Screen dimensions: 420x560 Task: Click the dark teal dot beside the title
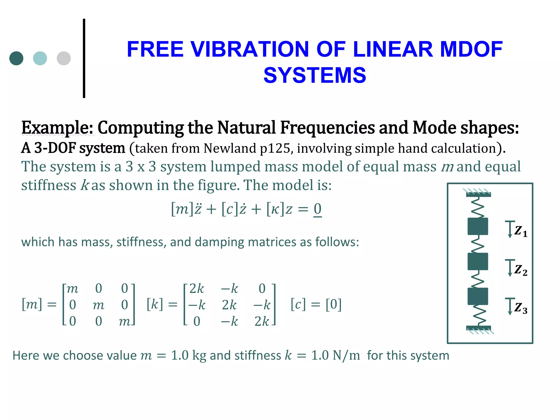pyautogui.click(x=16, y=58)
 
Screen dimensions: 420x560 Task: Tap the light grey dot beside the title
pyautogui.click(x=64, y=58)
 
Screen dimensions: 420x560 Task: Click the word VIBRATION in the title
pyautogui.click(x=249, y=49)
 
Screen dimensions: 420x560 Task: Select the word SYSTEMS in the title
pyautogui.click(x=314, y=75)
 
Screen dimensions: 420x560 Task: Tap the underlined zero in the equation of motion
pyautogui.click(x=317, y=209)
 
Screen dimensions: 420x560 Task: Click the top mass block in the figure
pyautogui.click(x=478, y=226)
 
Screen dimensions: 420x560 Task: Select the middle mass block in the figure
pyautogui.click(x=478, y=261)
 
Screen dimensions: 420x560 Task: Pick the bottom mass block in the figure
pyautogui.click(x=478, y=296)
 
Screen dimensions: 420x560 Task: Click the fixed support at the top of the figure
pyautogui.click(x=478, y=194)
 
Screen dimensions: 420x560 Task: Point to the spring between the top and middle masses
pyautogui.click(x=478, y=244)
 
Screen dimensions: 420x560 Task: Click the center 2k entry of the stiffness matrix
pyautogui.click(x=229, y=305)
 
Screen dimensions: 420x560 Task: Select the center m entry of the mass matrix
pyautogui.click(x=98, y=305)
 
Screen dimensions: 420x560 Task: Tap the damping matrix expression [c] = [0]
pyautogui.click(x=316, y=304)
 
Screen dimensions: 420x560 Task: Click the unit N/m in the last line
pyautogui.click(x=346, y=355)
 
